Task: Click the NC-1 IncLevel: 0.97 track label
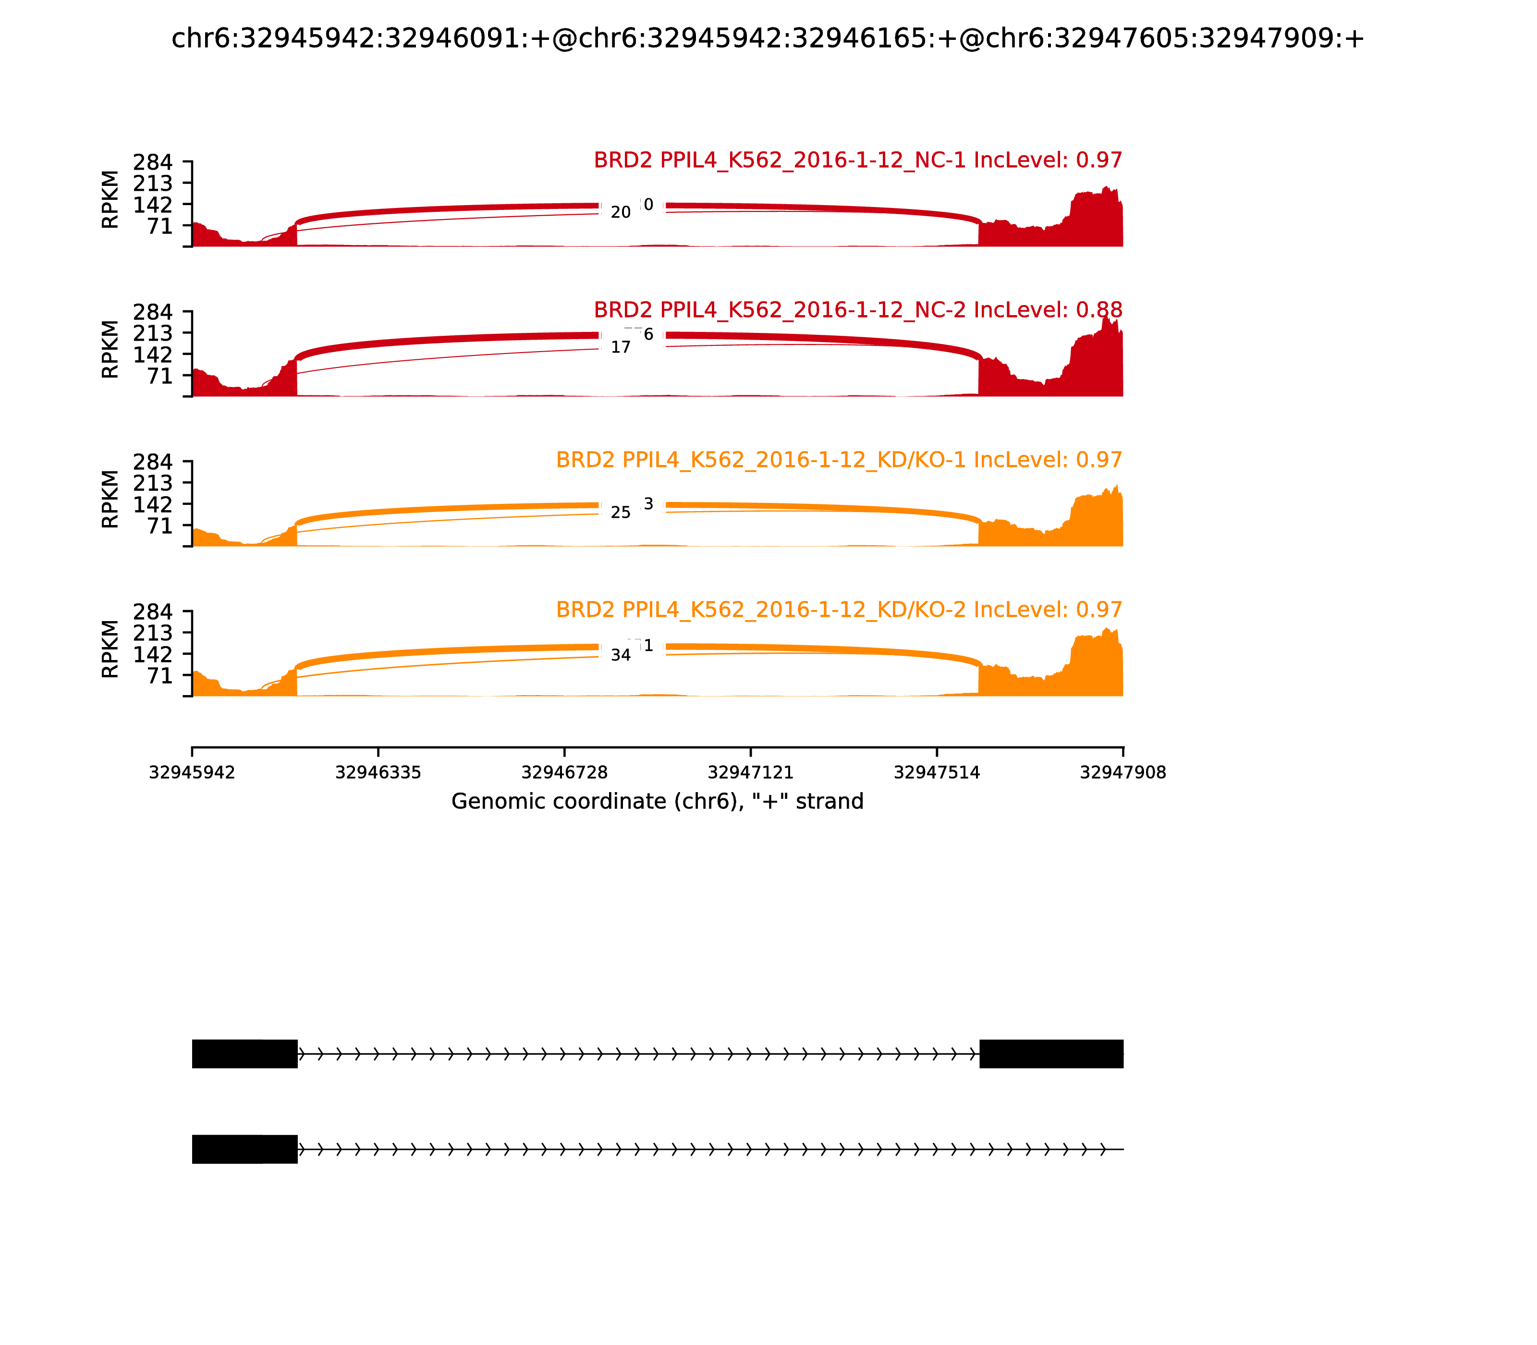click(x=858, y=160)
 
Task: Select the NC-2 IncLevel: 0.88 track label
click(x=858, y=310)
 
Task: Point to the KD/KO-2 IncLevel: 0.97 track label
click(x=839, y=610)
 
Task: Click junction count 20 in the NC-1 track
click(x=621, y=212)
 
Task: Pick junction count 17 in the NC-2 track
click(x=621, y=347)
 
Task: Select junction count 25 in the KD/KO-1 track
click(x=621, y=513)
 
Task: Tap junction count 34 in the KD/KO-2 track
click(x=621, y=655)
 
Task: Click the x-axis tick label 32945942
click(x=192, y=772)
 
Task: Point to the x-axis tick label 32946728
click(x=564, y=772)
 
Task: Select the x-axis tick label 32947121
click(x=750, y=772)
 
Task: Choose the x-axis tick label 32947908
click(x=1123, y=772)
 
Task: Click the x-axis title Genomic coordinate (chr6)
click(x=658, y=802)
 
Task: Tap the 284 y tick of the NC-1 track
click(x=153, y=163)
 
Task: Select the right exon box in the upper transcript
click(x=1051, y=1054)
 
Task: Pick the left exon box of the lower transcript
click(x=244, y=1149)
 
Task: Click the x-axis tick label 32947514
click(x=937, y=772)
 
